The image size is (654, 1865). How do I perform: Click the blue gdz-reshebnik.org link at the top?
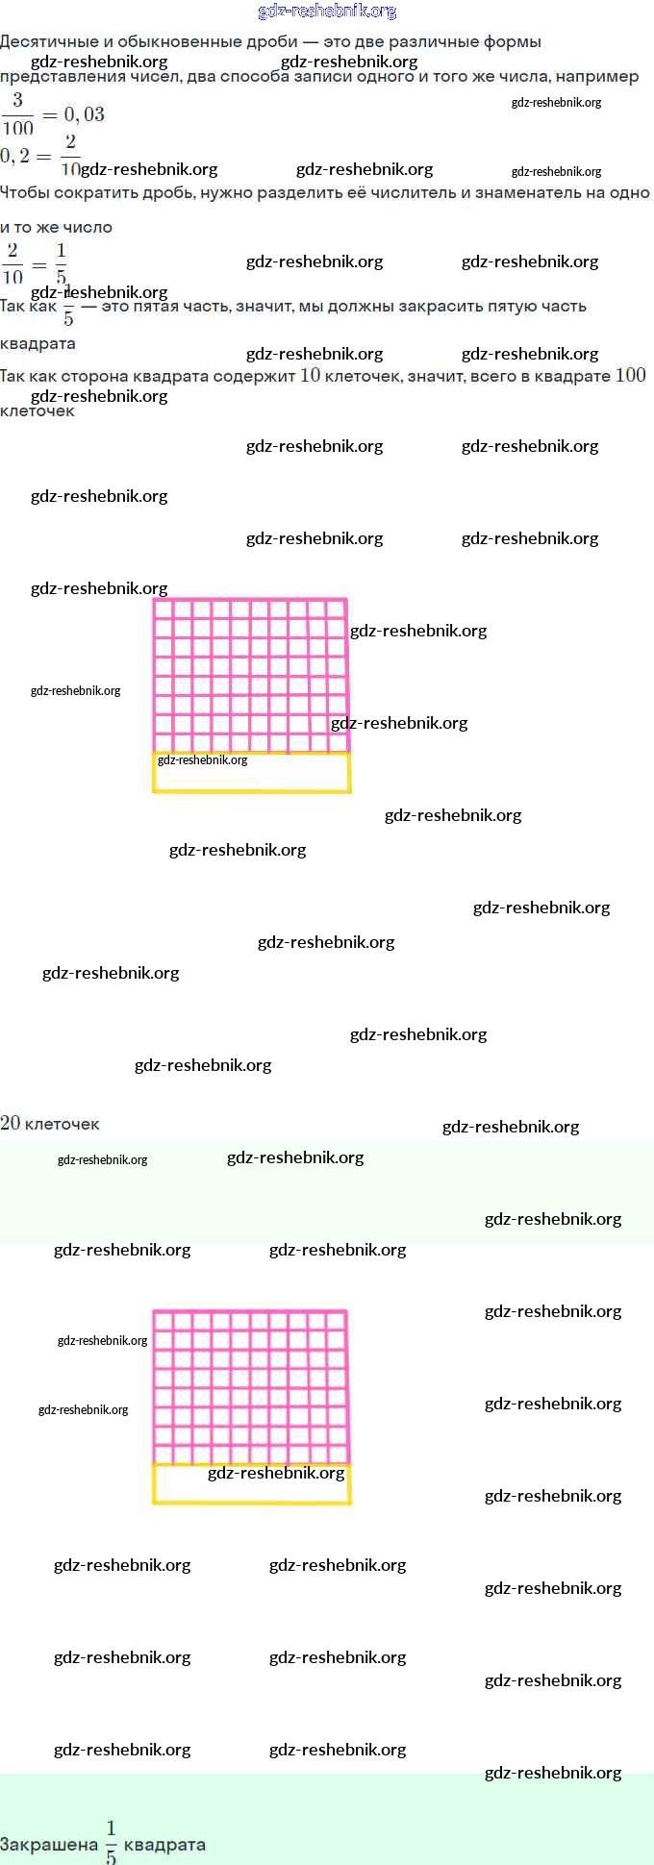click(x=327, y=12)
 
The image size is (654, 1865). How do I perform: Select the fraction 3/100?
click(x=17, y=113)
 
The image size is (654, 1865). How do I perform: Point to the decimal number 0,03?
click(x=84, y=114)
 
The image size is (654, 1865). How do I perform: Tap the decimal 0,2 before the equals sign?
click(x=14, y=156)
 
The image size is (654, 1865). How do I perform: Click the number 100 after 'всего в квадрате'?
click(x=630, y=375)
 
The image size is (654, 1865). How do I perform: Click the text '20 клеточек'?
click(x=50, y=1123)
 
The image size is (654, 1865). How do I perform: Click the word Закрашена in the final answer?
click(x=48, y=1845)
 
